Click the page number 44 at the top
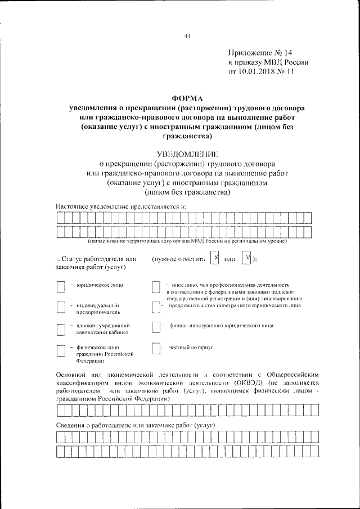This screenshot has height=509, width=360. coord(187,37)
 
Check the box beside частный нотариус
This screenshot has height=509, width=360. coord(156,349)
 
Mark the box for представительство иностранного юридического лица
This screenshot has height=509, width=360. coord(156,308)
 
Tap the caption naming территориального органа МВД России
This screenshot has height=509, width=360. coord(187,241)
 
